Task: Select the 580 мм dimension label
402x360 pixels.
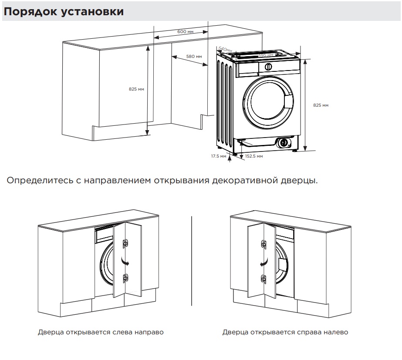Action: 194,57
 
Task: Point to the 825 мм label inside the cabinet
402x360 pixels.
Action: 136,89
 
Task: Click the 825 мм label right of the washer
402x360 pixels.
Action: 321,105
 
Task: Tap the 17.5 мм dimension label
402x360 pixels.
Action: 219,156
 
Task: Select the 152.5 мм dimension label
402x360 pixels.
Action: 254,156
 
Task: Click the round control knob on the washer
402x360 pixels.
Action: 269,67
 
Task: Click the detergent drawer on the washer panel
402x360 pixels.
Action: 247,67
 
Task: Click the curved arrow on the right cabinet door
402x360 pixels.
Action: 263,262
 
